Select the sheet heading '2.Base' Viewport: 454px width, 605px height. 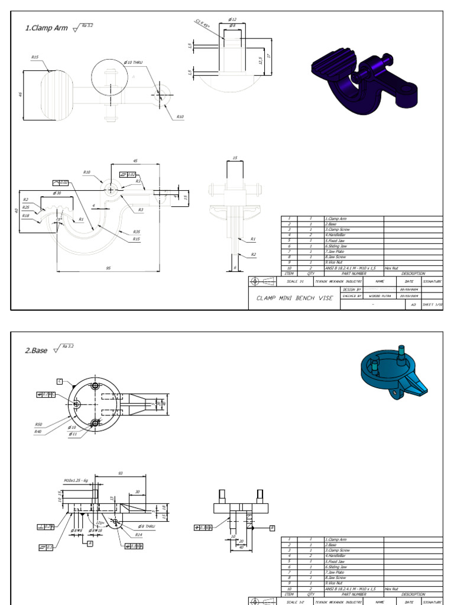36,350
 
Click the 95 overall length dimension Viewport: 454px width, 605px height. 108,268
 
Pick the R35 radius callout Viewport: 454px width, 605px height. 137,232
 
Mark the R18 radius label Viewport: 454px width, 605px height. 25,216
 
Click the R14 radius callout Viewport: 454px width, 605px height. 139,534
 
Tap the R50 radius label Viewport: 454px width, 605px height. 38,424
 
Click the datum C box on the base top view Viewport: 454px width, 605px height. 60,381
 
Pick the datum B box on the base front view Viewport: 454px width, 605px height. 273,526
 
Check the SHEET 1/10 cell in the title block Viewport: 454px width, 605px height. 430,305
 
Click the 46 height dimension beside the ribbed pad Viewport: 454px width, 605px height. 21,94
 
